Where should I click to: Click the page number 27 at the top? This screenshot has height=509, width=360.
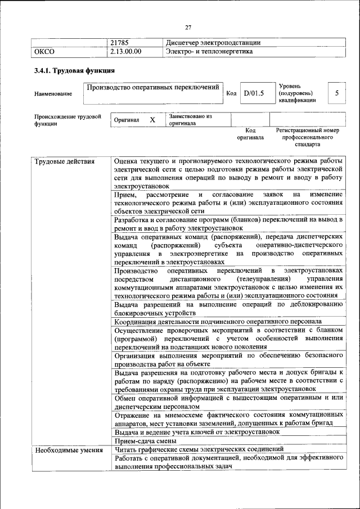188,26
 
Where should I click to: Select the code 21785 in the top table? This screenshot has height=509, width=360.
120,43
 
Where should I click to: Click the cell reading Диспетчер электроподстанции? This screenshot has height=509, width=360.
213,43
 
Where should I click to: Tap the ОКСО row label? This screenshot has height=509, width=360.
44,52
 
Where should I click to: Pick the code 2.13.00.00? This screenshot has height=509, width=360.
126,52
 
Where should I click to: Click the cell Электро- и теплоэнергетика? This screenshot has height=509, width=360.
209,52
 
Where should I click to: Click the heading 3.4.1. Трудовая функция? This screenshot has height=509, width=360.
74,71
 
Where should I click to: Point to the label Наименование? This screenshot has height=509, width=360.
53,93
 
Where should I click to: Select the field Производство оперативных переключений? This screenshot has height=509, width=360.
152,87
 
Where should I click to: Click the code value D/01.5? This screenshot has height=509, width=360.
254,93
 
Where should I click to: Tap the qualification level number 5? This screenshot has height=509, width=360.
336,93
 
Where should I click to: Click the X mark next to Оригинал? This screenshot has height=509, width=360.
152,120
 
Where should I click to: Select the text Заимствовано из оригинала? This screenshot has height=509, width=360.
190,120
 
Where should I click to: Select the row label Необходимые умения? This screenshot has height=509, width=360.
65,449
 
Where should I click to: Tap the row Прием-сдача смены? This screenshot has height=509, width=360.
138,442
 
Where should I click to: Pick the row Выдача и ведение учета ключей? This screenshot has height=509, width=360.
197,432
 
